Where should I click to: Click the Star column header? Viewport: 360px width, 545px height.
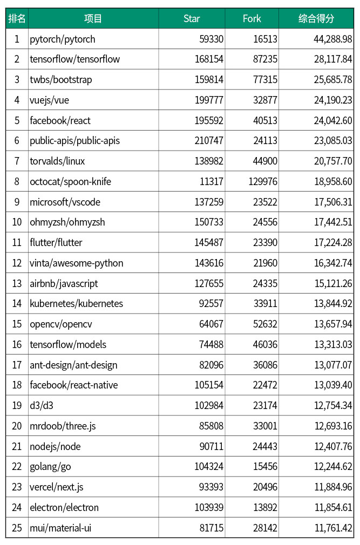tap(192, 19)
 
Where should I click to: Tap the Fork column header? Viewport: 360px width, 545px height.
tap(252, 19)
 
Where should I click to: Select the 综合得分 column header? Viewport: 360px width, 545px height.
tap(316, 19)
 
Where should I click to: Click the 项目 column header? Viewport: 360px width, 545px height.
tap(93, 19)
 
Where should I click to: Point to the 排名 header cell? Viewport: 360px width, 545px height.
tap(17, 19)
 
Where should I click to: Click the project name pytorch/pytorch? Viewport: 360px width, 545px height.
tap(63, 39)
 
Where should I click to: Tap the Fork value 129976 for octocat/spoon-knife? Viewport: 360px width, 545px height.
tap(263, 182)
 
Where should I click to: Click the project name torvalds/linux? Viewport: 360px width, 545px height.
tap(57, 161)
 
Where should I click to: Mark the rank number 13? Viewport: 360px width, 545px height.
tap(17, 283)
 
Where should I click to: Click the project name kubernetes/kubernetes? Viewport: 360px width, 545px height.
tap(76, 304)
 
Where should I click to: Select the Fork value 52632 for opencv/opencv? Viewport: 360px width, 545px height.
tap(265, 324)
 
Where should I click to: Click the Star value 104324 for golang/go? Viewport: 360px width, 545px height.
tap(209, 467)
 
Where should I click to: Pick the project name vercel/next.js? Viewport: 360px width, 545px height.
tap(57, 487)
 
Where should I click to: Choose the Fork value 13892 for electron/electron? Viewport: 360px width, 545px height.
tap(265, 508)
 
